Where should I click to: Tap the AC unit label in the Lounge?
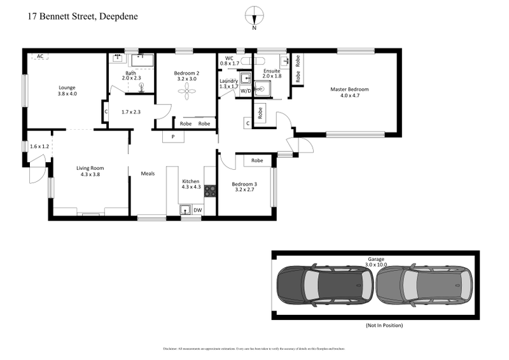tap(40, 56)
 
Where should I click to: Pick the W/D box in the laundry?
tap(245, 92)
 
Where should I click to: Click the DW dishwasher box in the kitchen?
tap(197, 210)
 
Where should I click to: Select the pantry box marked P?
tap(173, 135)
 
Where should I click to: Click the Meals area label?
tap(148, 172)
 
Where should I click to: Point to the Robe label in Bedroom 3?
tap(257, 161)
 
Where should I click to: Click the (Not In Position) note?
tap(384, 325)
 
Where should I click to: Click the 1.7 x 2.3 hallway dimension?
tap(130, 112)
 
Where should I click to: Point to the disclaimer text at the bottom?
tap(254, 349)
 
